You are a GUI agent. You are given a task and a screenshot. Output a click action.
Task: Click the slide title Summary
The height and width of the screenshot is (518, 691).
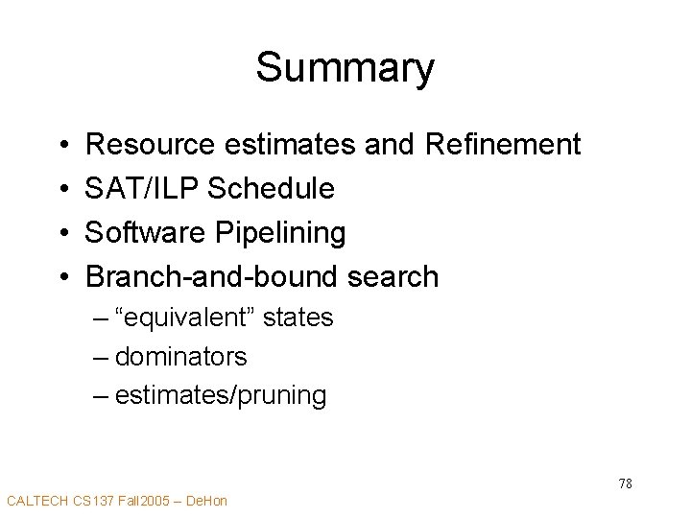345,67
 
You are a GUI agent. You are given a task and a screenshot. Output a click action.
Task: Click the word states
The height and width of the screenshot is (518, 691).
298,318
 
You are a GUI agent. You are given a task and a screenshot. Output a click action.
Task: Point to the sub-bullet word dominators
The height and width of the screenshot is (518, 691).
180,357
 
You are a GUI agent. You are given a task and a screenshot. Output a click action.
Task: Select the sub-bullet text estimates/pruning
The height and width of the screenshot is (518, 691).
220,395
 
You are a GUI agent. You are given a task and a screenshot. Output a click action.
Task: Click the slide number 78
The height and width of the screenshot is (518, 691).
625,483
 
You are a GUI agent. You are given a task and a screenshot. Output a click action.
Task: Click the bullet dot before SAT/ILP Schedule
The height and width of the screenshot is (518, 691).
62,190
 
